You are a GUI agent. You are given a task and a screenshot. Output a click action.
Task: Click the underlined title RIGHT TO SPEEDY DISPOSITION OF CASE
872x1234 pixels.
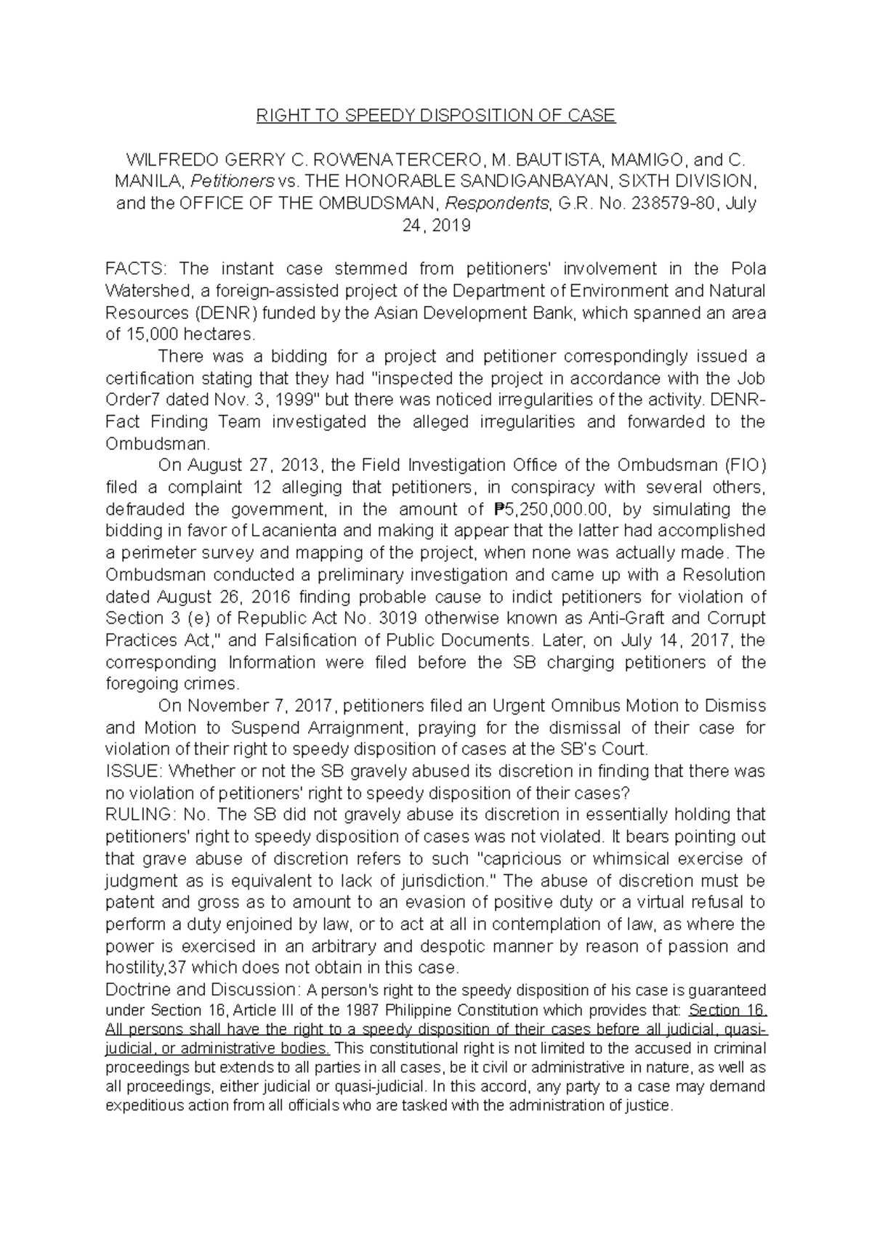click(x=435, y=116)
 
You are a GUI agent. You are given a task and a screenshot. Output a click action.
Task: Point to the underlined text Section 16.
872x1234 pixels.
click(x=727, y=1010)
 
